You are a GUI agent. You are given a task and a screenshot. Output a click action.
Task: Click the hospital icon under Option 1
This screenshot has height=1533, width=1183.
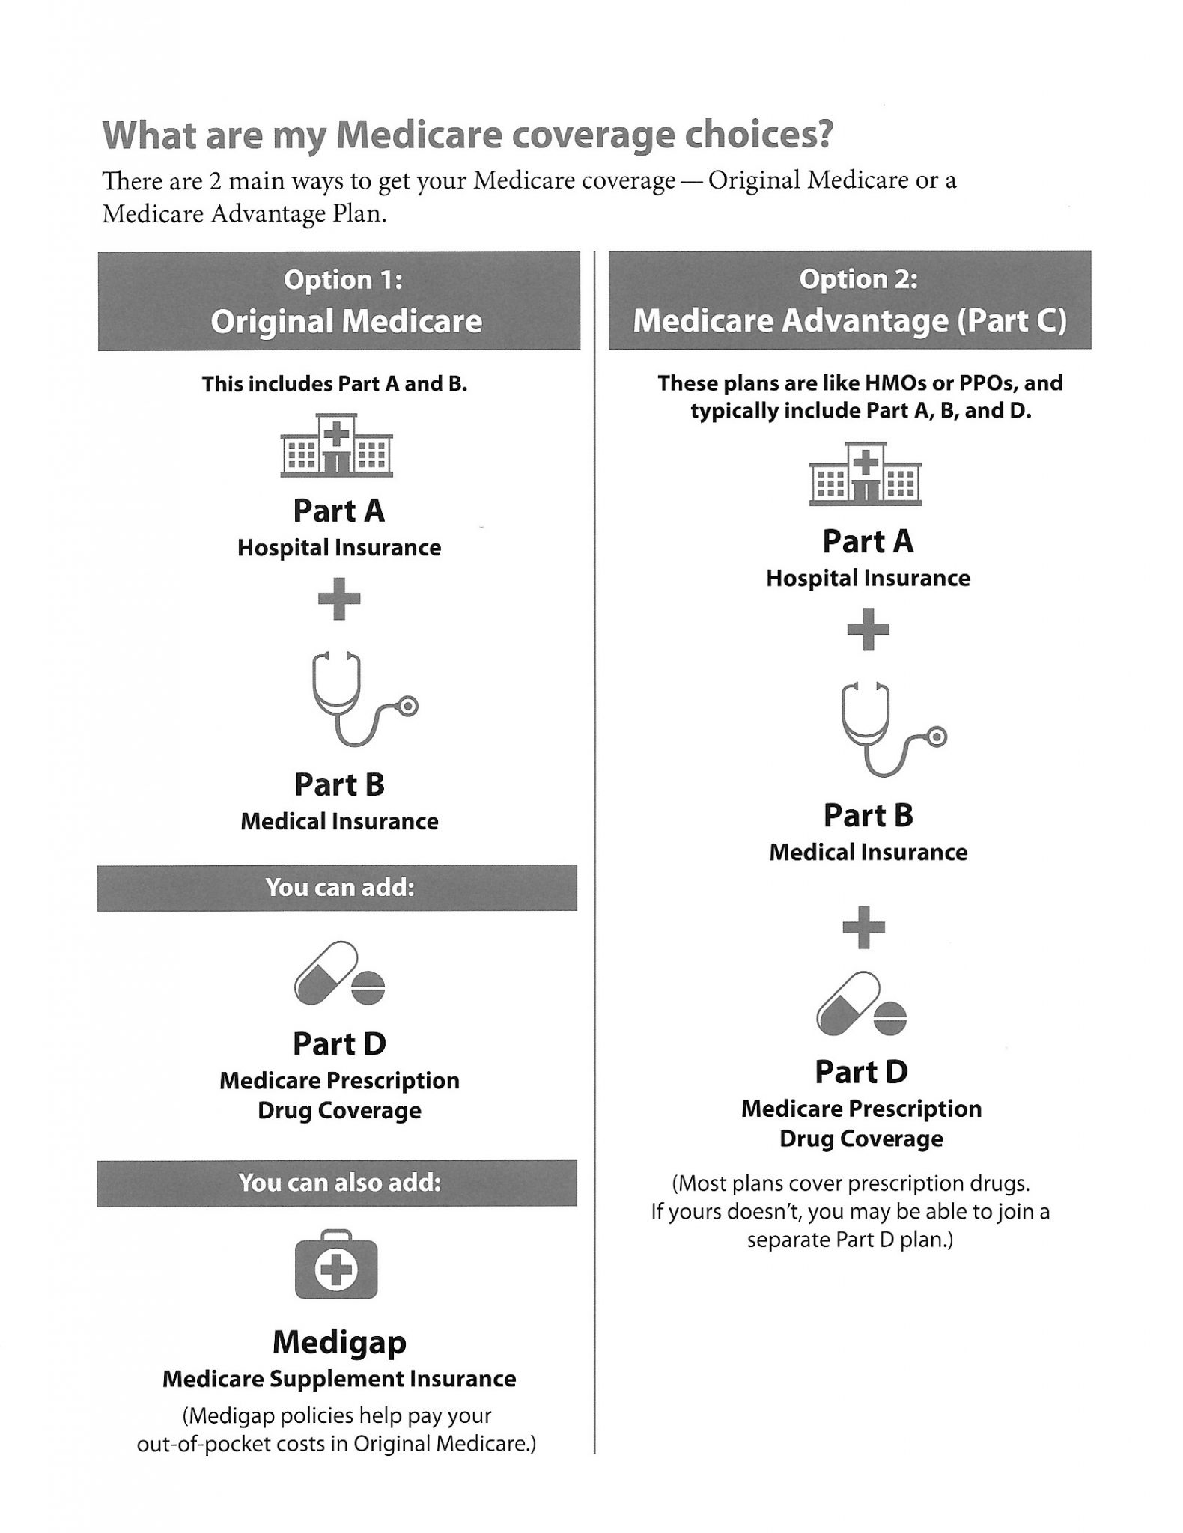coord(336,445)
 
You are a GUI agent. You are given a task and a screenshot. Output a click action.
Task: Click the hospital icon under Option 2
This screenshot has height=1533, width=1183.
coord(865,475)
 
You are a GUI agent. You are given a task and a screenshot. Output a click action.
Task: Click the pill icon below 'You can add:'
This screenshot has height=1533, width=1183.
coord(339,973)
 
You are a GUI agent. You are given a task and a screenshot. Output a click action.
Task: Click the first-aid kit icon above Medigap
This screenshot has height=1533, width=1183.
coord(337,1264)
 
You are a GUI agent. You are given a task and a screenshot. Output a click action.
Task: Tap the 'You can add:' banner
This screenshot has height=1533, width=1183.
coord(337,888)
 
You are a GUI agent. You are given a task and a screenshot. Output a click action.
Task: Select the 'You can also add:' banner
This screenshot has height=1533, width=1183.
coord(337,1183)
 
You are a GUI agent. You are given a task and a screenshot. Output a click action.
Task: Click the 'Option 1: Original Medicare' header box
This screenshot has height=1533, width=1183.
coord(339,301)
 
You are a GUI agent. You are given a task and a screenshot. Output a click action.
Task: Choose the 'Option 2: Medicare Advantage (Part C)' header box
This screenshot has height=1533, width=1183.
coord(850,300)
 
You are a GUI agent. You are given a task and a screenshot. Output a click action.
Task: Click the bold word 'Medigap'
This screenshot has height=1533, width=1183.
coord(339,1342)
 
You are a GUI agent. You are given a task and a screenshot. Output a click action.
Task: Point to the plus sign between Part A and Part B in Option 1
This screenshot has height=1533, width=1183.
coord(339,599)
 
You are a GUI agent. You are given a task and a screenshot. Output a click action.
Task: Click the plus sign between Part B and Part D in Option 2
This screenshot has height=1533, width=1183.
coord(864,928)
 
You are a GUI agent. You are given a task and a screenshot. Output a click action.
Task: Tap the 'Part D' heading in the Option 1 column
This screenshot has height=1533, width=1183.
coord(339,1043)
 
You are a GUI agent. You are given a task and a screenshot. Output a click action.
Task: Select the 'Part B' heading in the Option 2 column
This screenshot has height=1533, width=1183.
coord(869,816)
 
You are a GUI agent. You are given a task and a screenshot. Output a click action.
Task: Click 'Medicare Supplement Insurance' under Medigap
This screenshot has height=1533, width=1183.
coord(339,1379)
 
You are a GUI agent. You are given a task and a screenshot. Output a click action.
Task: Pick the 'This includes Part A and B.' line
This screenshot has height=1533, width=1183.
coord(335,384)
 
